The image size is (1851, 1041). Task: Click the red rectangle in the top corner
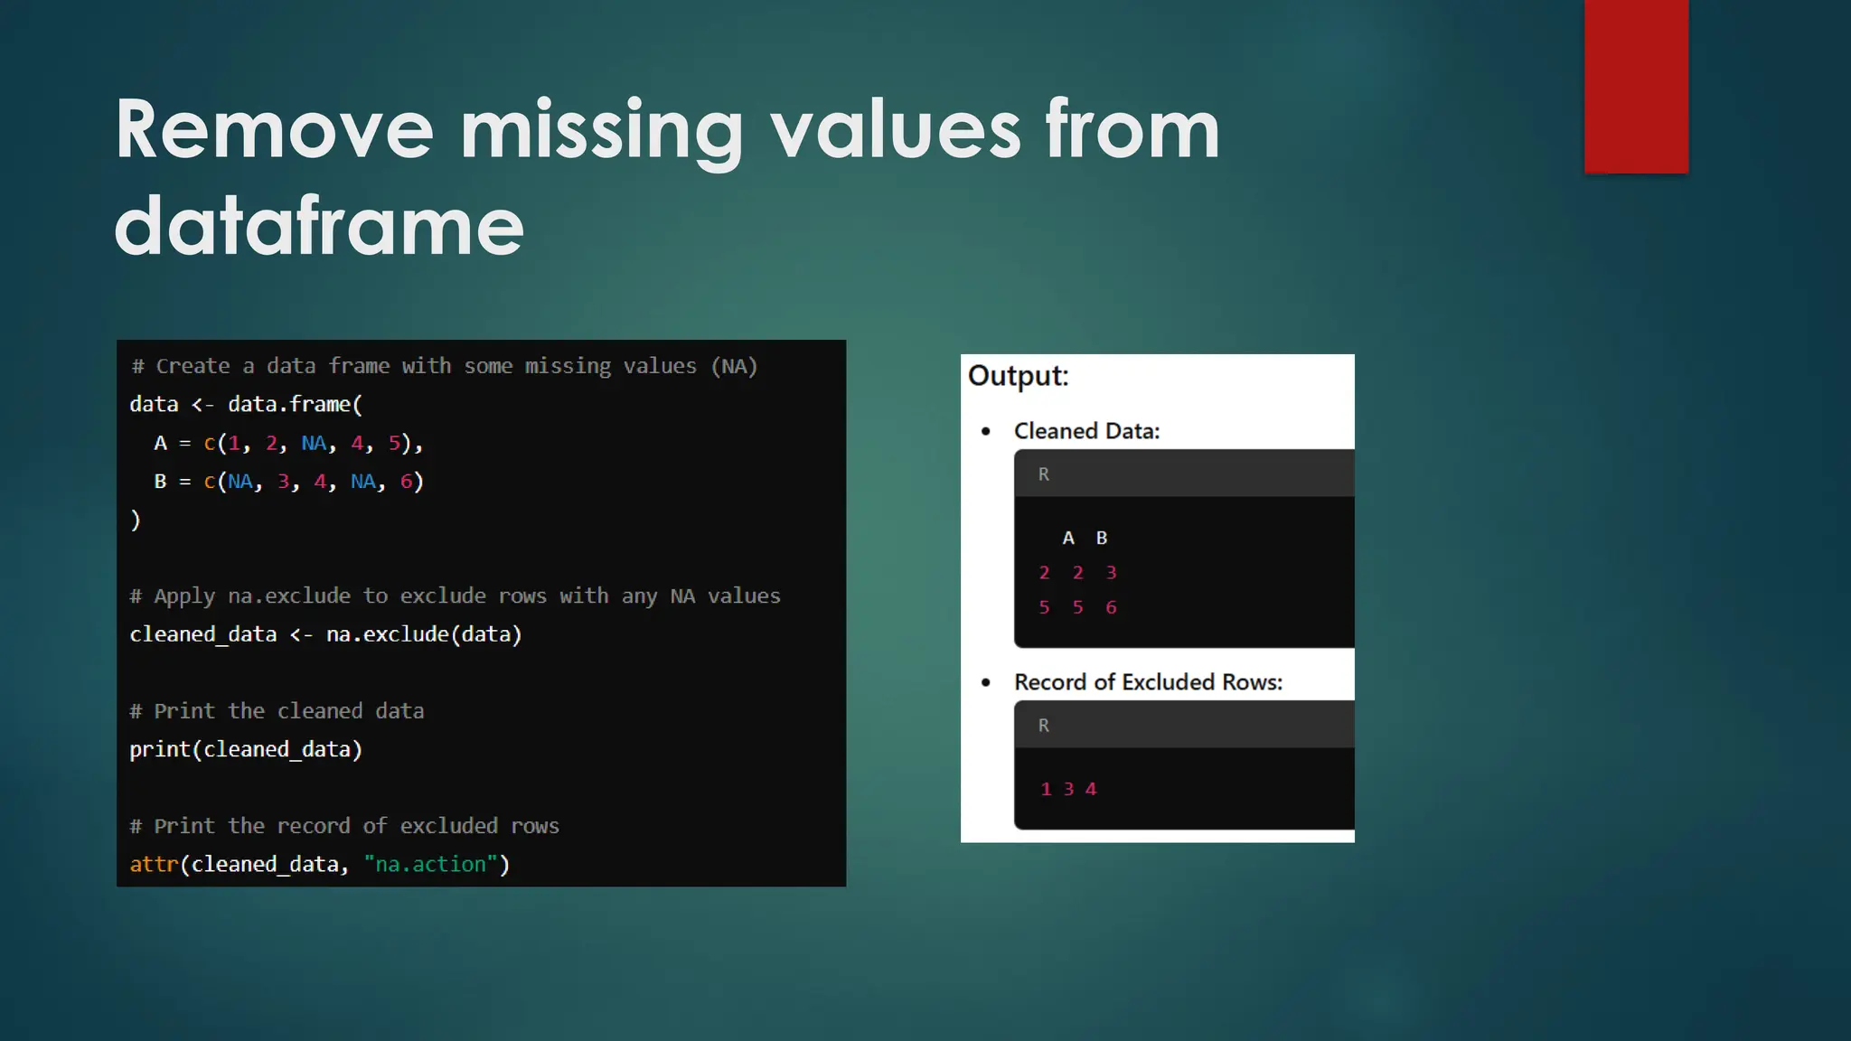pos(1636,86)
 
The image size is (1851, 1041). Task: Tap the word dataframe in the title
pos(319,226)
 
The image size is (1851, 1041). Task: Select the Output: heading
pos(1018,376)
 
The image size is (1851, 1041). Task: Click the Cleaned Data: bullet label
pos(1086,431)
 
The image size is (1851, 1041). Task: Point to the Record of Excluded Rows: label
pos(1148,682)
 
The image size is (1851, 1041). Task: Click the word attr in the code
pos(154,865)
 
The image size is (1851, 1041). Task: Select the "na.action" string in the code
pos(431,865)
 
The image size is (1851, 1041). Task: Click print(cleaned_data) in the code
pos(245,750)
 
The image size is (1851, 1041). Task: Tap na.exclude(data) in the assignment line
pos(424,634)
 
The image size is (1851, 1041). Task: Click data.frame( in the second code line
pos(295,405)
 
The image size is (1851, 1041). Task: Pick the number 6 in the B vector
pos(407,482)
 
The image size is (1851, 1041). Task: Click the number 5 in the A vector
pos(394,444)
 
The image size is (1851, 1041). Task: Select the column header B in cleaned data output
pos(1101,539)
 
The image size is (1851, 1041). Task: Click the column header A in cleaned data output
pos(1068,539)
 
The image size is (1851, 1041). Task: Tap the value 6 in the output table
pos(1111,608)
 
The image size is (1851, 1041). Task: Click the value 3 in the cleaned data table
pos(1111,573)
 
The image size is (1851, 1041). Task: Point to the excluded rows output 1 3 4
pos(1068,790)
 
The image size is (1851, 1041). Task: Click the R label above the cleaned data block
pos(1043,474)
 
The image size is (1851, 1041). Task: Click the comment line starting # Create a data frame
pos(444,367)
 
